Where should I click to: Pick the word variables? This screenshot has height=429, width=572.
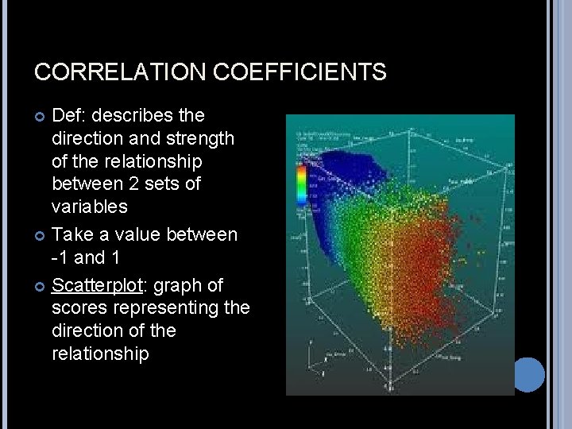point(89,206)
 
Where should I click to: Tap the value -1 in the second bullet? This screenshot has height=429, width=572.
point(60,257)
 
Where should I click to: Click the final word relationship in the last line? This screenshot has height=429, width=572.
point(100,353)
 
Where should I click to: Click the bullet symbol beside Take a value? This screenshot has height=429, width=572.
point(40,235)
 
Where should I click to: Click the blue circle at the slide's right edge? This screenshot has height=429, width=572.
point(528,374)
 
